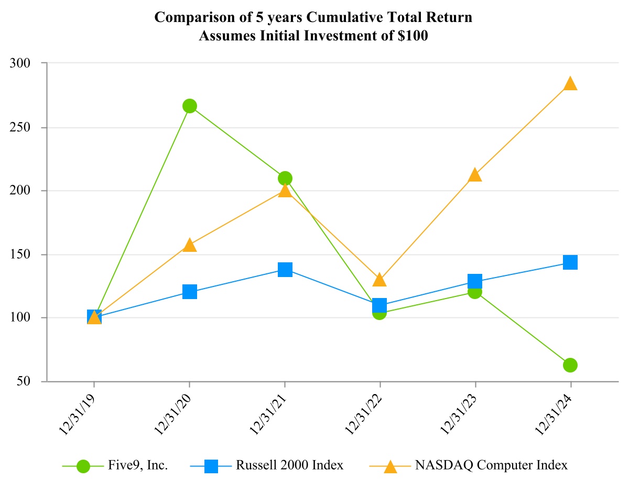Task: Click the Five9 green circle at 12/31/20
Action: pos(190,106)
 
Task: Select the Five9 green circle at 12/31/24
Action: pos(570,365)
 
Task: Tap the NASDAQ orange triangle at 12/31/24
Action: pos(570,84)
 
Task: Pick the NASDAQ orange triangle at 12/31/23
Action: pos(475,175)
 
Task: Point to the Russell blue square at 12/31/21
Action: pos(285,270)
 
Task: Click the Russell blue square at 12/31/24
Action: pos(570,262)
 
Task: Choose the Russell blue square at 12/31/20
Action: pos(190,292)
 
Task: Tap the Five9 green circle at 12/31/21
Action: pos(285,178)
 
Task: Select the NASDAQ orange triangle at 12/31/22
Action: pos(379,280)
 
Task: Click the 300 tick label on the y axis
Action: pos(21,63)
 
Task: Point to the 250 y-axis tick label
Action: pos(21,127)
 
